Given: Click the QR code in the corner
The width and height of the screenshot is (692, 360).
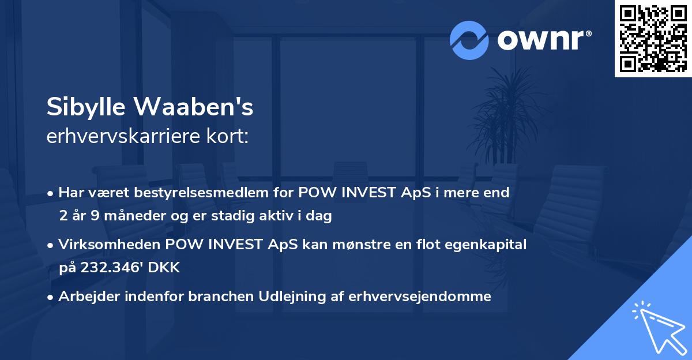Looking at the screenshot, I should tap(653, 39).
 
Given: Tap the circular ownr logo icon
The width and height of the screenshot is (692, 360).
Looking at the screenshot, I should tap(469, 40).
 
